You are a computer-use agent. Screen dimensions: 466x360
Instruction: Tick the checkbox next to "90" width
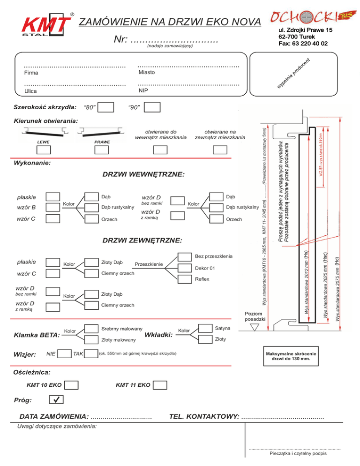tap(152, 108)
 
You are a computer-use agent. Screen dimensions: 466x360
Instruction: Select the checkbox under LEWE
tap(44, 150)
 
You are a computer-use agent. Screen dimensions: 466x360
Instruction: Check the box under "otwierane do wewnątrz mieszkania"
tap(160, 150)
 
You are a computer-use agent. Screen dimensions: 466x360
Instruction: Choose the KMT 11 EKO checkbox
tap(160, 385)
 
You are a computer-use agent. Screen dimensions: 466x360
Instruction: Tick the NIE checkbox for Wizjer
tap(64, 353)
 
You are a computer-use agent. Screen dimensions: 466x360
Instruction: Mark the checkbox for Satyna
tap(206, 328)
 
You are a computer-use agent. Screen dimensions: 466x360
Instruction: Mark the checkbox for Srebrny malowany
tap(92, 328)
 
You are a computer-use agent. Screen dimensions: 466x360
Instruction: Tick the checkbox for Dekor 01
tap(185, 268)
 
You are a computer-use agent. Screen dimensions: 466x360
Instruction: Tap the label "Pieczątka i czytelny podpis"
tap(298, 453)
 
